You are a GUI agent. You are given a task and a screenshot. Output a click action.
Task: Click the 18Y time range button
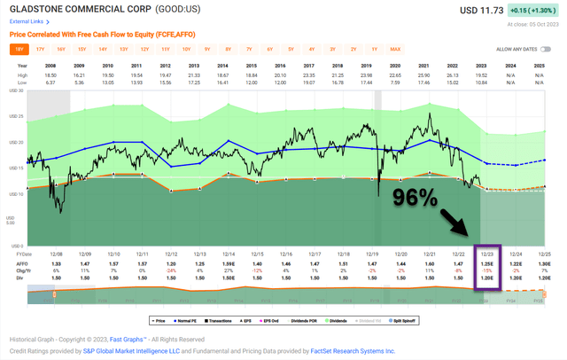pos(19,50)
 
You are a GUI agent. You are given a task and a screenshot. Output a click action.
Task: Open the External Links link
pos(27,20)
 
